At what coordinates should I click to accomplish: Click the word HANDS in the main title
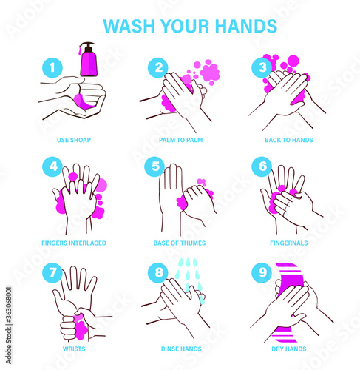[246, 26]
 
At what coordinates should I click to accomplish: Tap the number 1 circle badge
[52, 68]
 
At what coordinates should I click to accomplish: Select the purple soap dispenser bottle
[89, 59]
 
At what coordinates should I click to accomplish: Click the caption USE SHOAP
[74, 140]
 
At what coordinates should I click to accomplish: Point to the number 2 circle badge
[158, 68]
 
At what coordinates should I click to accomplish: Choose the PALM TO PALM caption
[181, 140]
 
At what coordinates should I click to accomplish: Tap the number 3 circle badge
[262, 68]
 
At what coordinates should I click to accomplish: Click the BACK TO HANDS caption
[289, 140]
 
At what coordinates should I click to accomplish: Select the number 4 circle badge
[52, 166]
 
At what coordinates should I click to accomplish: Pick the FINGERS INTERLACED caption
[74, 243]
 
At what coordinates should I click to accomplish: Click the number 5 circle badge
[154, 166]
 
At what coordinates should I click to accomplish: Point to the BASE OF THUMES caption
[180, 243]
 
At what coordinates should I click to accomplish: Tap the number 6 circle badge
[262, 166]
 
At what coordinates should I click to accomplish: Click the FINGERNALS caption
[289, 243]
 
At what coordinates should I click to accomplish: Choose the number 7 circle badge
[52, 273]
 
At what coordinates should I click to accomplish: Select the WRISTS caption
[74, 349]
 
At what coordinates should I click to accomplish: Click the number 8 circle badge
[158, 273]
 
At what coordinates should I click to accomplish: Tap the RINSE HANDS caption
[181, 349]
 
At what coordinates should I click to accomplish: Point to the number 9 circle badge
[262, 273]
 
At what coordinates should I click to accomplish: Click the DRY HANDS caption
[289, 349]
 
